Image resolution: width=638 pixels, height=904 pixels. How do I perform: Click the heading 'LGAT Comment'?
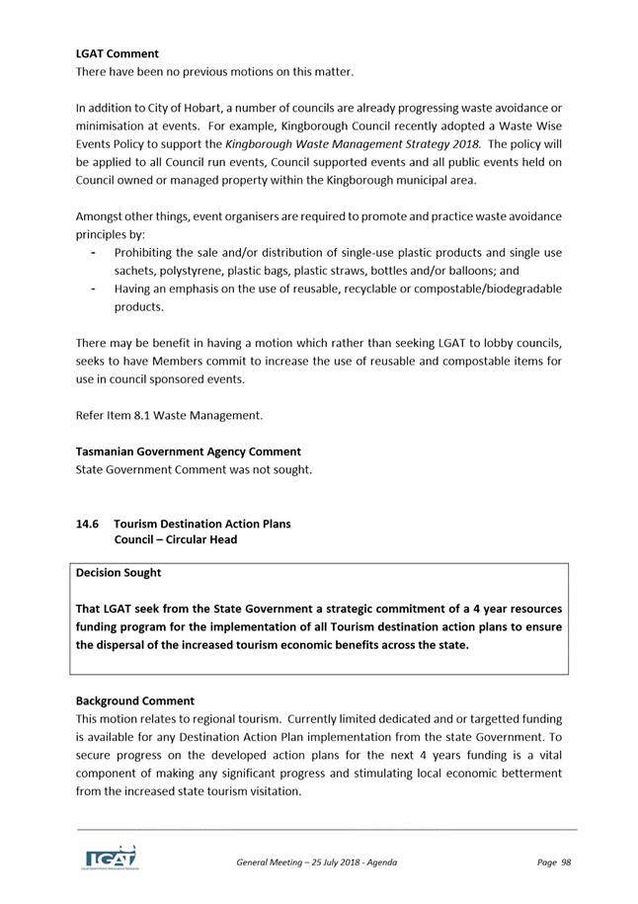point(117,53)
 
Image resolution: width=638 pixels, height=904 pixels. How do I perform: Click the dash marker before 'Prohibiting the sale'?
point(92,252)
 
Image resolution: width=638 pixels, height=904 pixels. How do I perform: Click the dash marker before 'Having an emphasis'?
point(92,288)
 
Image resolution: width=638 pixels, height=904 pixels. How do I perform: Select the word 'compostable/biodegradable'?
point(486,288)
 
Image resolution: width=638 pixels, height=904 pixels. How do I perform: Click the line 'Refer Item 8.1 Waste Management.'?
point(169,415)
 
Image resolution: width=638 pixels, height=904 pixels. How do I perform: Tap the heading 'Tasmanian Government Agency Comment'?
point(189,452)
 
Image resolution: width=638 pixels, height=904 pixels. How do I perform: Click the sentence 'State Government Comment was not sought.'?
point(194,469)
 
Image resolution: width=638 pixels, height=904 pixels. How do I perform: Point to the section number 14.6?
point(88,524)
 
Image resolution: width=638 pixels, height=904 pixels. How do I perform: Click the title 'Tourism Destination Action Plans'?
point(202,524)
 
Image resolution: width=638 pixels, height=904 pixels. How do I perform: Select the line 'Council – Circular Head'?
point(175,540)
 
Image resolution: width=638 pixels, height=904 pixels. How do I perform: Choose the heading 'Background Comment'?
point(135,700)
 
